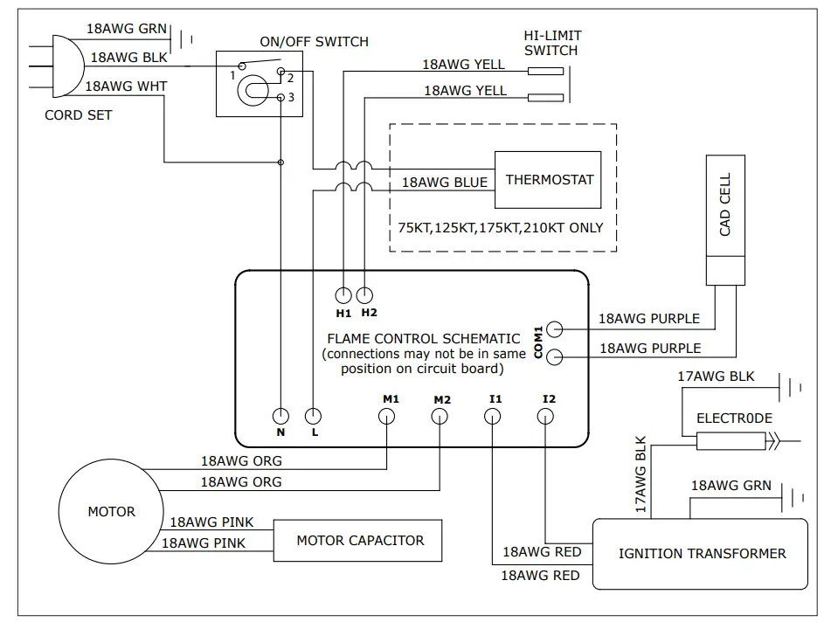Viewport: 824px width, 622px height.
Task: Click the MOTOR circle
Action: [x=111, y=512]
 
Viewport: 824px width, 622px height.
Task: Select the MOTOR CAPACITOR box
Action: [x=360, y=541]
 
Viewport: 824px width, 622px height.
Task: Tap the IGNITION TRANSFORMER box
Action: [x=702, y=553]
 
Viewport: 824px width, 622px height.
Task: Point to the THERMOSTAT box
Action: [x=549, y=180]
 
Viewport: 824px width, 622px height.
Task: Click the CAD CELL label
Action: [x=724, y=205]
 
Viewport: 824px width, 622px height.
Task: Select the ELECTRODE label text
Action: [x=734, y=418]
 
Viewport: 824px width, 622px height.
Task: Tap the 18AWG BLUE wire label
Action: [x=444, y=183]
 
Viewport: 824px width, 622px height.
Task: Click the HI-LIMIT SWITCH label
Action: [x=552, y=43]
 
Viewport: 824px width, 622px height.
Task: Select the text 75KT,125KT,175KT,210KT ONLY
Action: [x=500, y=228]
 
